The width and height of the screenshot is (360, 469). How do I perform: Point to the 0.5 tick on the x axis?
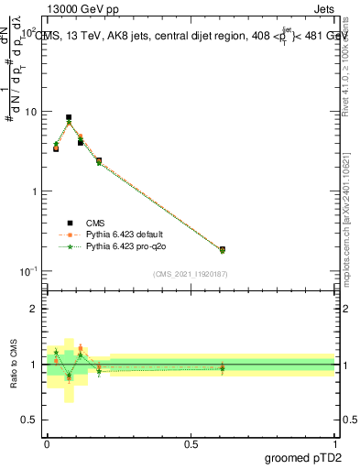coord(191,442)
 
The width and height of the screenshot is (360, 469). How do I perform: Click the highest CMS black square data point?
coord(69,117)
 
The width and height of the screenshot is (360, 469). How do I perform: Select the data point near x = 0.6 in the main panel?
coord(222,249)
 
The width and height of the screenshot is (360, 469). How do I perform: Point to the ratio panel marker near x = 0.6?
coord(222,368)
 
